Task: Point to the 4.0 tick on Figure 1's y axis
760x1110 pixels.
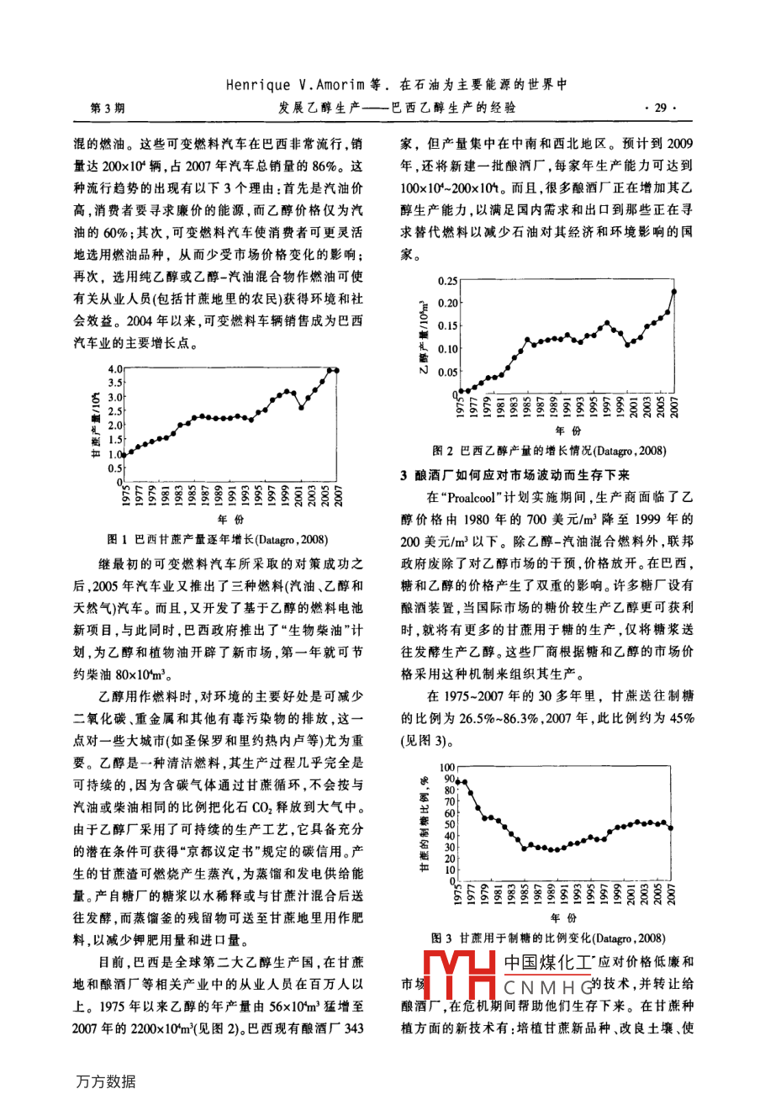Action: click(114, 368)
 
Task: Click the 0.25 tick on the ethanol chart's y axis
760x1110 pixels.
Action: click(448, 281)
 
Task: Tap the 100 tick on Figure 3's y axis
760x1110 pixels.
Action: click(446, 768)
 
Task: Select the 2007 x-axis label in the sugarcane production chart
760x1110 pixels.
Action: click(337, 498)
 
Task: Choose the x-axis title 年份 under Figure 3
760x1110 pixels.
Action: click(564, 917)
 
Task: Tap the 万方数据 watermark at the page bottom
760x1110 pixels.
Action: click(103, 1081)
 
